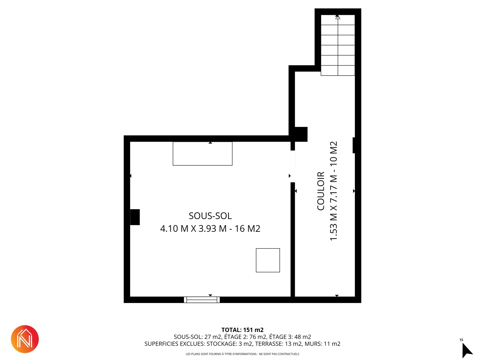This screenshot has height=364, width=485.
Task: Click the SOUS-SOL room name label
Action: point(210,216)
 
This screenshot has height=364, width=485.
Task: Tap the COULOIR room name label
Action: point(321,191)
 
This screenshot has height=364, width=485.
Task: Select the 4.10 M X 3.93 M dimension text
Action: point(193,229)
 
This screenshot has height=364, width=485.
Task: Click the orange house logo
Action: point(25,339)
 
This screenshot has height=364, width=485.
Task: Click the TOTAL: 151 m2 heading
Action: point(243,330)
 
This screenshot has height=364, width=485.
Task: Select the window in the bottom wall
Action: point(202,300)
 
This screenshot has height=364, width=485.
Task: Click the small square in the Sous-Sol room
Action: point(268,260)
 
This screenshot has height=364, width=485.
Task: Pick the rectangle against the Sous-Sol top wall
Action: point(203,154)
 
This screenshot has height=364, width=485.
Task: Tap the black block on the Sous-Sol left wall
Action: point(135,217)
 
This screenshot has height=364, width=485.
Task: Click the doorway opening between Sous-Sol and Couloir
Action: point(293,166)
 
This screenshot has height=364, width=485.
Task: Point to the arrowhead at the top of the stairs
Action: point(338,17)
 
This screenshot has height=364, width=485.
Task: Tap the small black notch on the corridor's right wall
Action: point(354,145)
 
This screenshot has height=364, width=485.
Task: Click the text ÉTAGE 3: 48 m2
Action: point(290,337)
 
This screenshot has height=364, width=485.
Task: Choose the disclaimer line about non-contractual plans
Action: point(243,354)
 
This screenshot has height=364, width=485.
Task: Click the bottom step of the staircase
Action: point(338,71)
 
